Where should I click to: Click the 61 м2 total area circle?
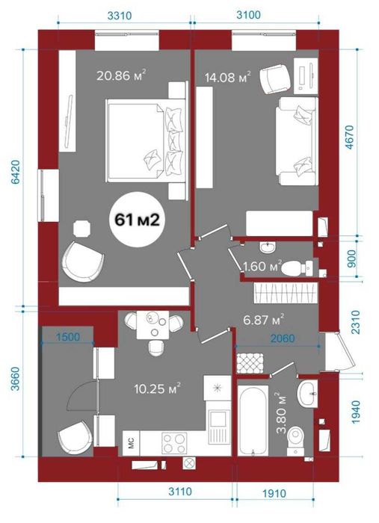(136, 220)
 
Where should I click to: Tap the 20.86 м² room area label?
(121, 75)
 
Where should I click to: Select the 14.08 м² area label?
(227, 78)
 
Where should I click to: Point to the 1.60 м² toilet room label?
(262, 266)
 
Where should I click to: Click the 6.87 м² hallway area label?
(264, 320)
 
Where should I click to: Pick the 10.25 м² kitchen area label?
(158, 388)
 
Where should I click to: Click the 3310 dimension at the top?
(120, 15)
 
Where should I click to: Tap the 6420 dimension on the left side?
(16, 172)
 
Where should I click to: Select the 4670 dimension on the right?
(351, 137)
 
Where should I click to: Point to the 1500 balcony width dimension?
(68, 337)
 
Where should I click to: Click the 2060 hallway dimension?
(283, 338)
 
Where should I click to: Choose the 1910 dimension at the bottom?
(274, 493)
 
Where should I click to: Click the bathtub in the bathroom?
(253, 420)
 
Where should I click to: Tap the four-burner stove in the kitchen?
(174, 443)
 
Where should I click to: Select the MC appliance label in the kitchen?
(131, 443)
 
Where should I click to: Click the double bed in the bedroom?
(146, 140)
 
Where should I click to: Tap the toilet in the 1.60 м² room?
(297, 267)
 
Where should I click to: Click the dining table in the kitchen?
(153, 324)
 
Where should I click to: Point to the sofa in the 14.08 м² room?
(296, 141)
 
